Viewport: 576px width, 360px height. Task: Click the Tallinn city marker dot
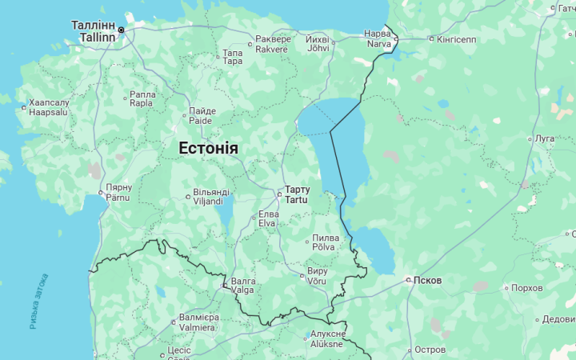tap(122, 30)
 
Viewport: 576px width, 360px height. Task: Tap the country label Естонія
tap(208, 149)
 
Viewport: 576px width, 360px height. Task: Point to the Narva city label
tap(378, 38)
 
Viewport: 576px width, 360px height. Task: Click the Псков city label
tap(427, 281)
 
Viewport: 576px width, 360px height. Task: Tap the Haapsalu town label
tap(49, 108)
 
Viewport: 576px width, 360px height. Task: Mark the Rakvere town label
tap(272, 44)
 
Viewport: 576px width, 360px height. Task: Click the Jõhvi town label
tap(318, 44)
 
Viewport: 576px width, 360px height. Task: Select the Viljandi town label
tap(211, 197)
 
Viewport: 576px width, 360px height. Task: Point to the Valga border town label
tap(243, 286)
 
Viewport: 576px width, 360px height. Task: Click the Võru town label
tap(317, 276)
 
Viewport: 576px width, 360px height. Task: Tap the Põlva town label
tap(324, 242)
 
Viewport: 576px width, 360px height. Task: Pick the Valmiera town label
tap(198, 322)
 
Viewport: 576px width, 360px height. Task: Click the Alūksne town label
tap(327, 339)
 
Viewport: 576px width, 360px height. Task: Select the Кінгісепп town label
tap(456, 39)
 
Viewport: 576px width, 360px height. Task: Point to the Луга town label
tap(545, 138)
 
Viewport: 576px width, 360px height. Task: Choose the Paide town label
tap(201, 116)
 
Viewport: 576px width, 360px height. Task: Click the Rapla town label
tap(142, 98)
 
